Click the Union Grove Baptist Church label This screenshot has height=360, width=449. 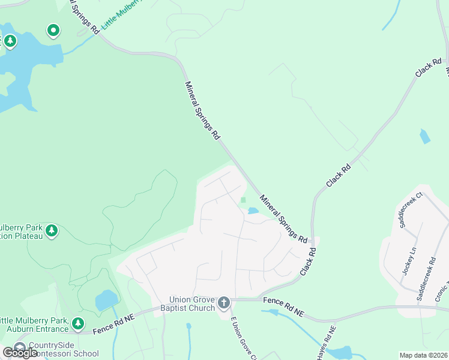184,304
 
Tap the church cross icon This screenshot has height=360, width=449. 224,302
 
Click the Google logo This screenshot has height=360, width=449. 19,352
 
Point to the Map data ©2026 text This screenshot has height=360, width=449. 423,355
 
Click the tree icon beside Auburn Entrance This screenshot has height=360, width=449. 78,323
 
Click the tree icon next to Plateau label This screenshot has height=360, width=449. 52,230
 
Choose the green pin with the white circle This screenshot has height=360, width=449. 53,30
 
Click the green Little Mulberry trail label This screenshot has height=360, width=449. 120,15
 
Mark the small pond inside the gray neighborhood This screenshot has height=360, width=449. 253,211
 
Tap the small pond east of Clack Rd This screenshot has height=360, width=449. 425,136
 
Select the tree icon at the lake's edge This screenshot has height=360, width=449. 10,41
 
